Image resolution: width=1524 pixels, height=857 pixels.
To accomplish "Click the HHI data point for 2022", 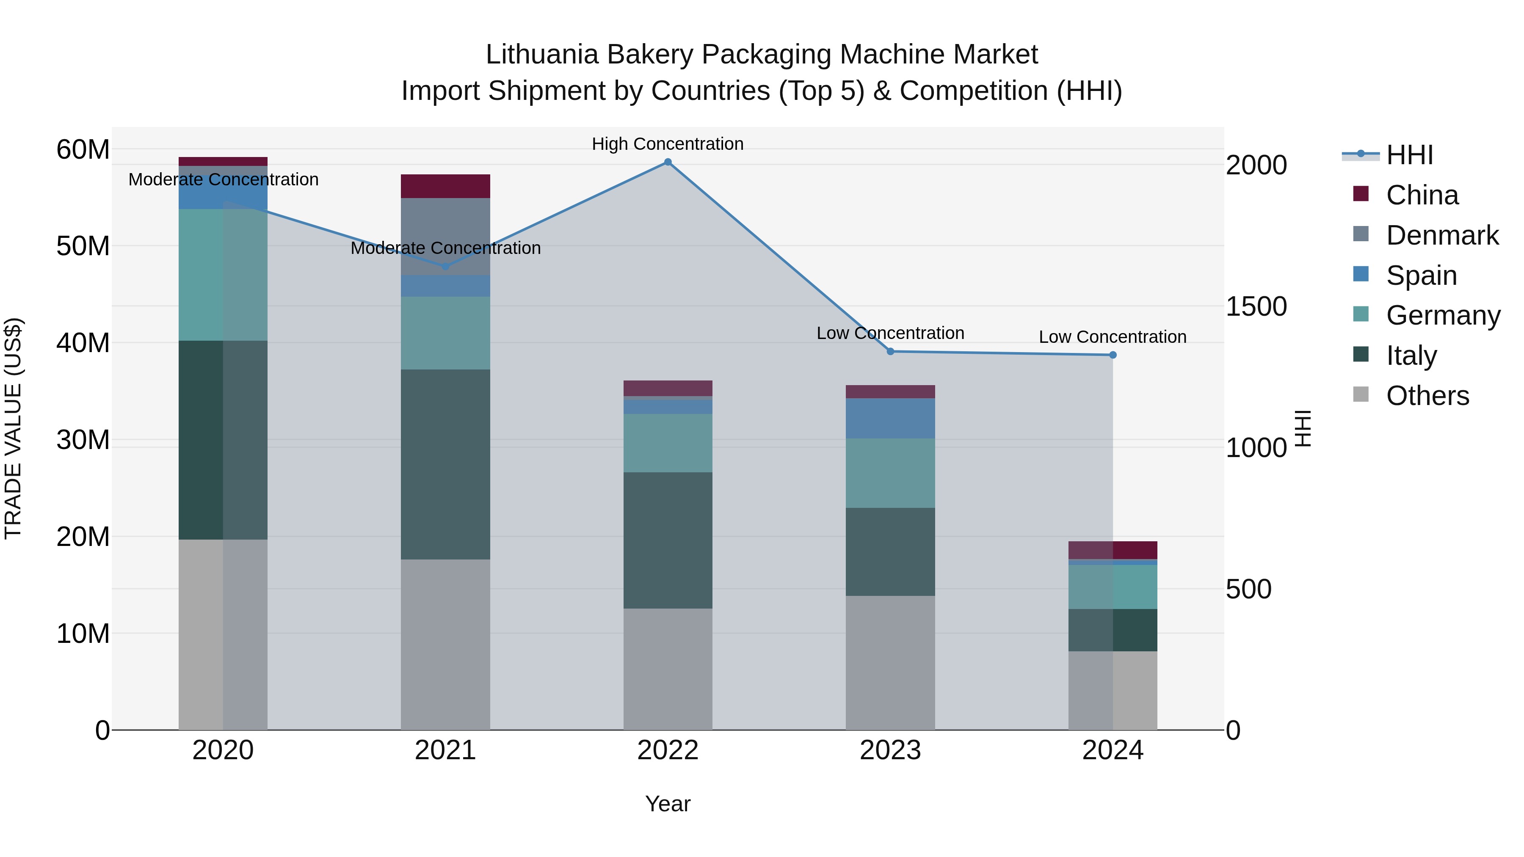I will [668, 162].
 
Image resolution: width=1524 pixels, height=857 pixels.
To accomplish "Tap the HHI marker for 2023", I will [890, 351].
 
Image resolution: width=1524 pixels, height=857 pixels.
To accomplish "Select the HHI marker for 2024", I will [1113, 355].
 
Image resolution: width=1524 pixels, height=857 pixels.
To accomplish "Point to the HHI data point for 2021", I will [445, 267].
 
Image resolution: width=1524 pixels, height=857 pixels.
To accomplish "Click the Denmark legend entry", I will [1442, 235].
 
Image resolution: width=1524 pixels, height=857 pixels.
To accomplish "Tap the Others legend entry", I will [1427, 396].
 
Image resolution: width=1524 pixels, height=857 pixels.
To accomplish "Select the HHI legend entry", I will [1409, 155].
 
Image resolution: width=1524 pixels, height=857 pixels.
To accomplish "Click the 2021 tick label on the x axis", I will [445, 750].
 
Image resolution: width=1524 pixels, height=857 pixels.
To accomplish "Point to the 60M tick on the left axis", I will [83, 149].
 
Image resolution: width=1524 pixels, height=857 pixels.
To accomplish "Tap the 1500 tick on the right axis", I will [1256, 306].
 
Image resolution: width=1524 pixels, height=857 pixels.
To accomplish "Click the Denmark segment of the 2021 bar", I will [445, 237].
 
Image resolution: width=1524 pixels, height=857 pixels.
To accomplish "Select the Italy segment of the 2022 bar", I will [668, 540].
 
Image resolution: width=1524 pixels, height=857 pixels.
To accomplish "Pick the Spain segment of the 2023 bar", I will [890, 418].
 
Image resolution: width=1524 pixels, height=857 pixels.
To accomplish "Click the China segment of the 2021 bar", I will [445, 186].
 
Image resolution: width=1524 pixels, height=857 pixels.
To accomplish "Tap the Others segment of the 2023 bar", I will [890, 662].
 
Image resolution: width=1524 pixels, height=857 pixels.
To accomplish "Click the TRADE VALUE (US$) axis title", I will [13, 428].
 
